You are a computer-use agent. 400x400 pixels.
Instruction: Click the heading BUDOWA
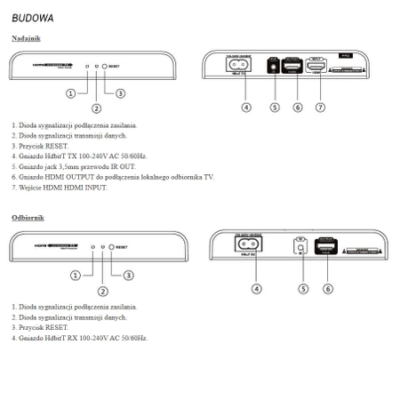pyautogui.click(x=33, y=17)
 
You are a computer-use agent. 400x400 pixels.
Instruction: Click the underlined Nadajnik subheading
pyautogui.click(x=26, y=38)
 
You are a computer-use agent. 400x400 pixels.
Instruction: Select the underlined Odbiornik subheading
pyautogui.click(x=28, y=218)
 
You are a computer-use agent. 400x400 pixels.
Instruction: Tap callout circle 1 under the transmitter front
pyautogui.click(x=69, y=93)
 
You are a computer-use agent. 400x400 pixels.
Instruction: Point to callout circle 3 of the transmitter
pyautogui.click(x=120, y=93)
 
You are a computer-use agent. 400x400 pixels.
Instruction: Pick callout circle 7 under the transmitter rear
pyautogui.click(x=319, y=107)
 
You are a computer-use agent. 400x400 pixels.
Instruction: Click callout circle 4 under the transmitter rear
pyautogui.click(x=246, y=107)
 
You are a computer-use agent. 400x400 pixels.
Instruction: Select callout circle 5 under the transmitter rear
pyautogui.click(x=275, y=107)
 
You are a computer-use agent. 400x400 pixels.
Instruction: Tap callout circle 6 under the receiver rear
pyautogui.click(x=328, y=289)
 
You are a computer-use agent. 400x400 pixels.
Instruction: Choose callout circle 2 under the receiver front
pyautogui.click(x=103, y=291)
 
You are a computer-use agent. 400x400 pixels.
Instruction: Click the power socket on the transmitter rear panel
pyautogui.click(x=240, y=66)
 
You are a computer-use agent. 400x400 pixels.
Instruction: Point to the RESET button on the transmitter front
pyautogui.click(x=105, y=67)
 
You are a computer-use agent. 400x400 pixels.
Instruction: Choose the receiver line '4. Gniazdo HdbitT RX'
pyautogui.click(x=80, y=338)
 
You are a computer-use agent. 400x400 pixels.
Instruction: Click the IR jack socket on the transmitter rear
pyautogui.click(x=274, y=68)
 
